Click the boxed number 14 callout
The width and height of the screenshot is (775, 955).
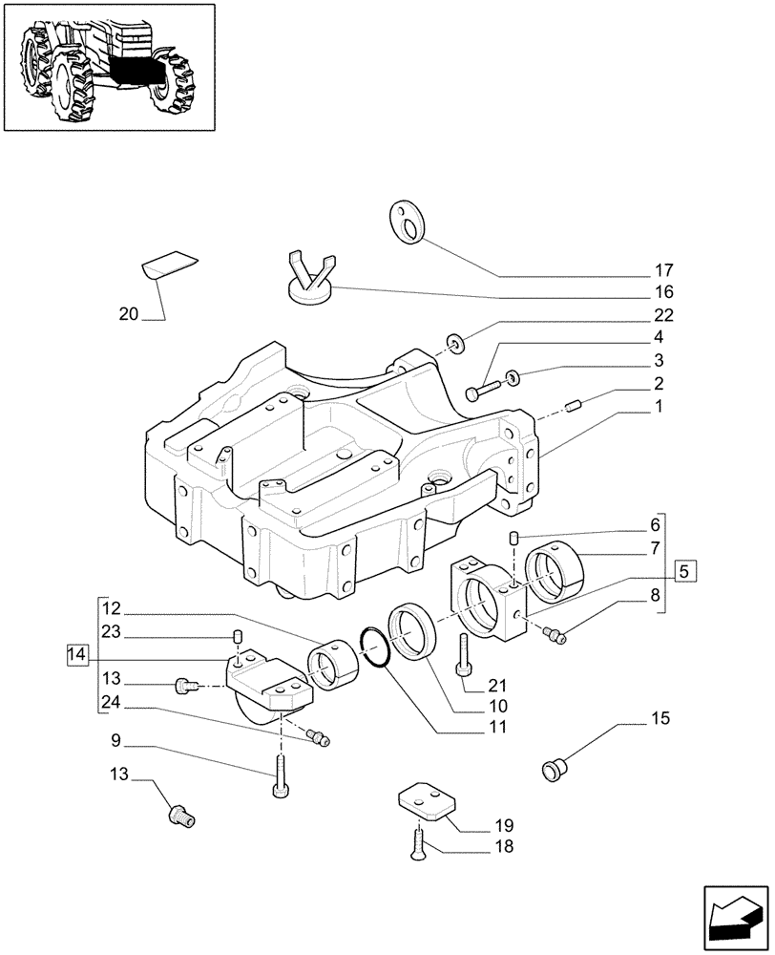pyautogui.click(x=78, y=654)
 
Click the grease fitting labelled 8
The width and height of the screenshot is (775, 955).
pyautogui.click(x=555, y=635)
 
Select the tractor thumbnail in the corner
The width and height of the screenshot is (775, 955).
pyautogui.click(x=109, y=66)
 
